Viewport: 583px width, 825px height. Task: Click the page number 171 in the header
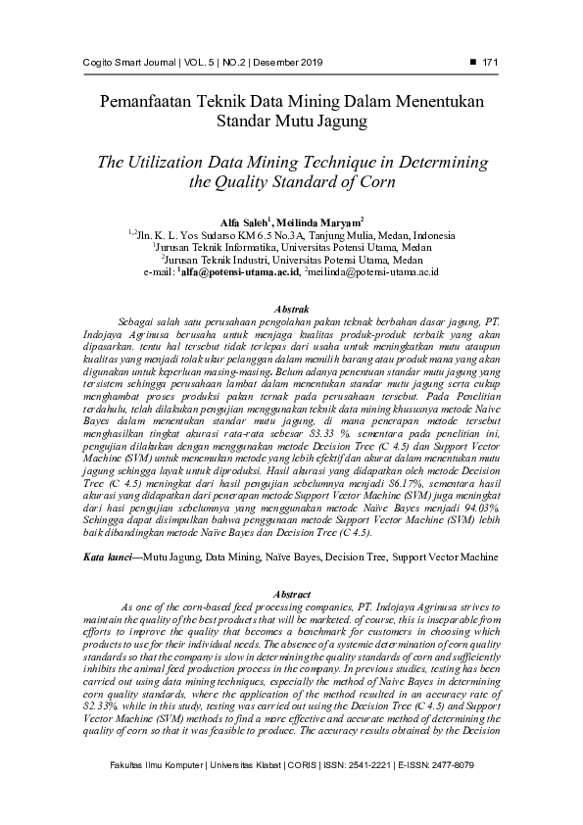492,64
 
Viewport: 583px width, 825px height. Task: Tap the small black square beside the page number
474,63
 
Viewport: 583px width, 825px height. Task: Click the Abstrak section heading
291,309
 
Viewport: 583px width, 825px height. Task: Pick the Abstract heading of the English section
290,595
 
